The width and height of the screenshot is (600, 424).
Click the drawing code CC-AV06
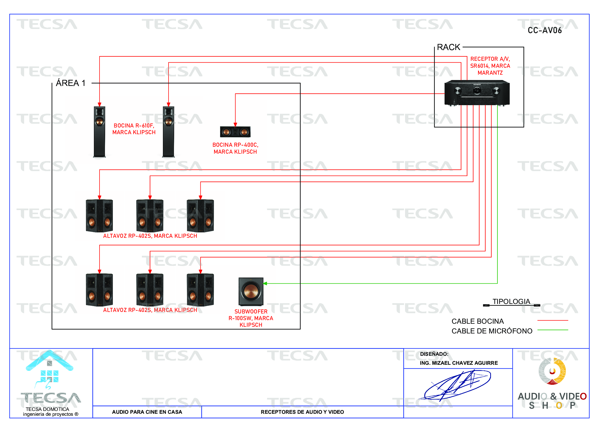coord(544,31)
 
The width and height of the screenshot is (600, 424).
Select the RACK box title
coord(448,47)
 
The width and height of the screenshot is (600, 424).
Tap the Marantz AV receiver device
coord(477,93)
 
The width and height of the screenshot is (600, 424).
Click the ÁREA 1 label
coord(71,83)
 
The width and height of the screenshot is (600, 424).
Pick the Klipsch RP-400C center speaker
coord(235,132)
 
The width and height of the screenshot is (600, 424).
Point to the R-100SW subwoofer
coord(251,292)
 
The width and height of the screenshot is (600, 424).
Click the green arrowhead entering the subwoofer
coord(265,283)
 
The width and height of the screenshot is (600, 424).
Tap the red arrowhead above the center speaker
coord(235,125)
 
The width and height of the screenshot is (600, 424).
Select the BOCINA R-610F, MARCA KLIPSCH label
coord(134,129)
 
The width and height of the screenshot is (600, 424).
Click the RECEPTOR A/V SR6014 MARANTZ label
coord(490,66)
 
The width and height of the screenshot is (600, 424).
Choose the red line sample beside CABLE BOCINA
coord(553,320)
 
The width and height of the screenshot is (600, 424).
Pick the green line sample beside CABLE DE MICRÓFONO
coord(553,330)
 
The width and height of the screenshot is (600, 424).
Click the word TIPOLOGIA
coord(511,301)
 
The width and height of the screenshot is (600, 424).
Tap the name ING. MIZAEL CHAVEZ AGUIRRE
coord(459,363)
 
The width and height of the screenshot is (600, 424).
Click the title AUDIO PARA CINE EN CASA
coord(147,412)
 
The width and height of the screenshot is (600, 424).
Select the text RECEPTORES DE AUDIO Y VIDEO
coord(302,412)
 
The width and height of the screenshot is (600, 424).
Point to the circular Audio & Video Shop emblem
coord(552,371)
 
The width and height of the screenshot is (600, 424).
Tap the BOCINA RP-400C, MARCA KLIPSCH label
coord(235,148)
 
